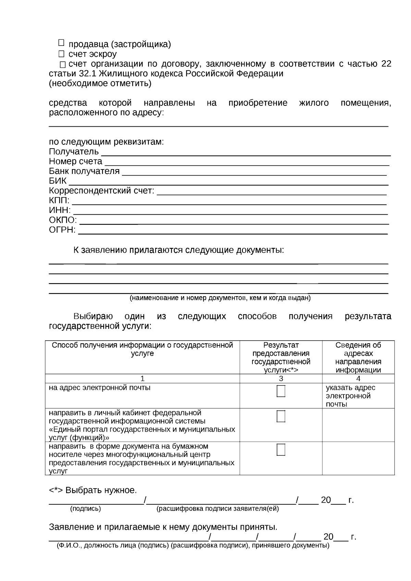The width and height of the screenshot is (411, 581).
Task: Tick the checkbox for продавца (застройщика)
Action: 61,43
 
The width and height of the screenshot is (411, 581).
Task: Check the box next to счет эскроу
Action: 61,54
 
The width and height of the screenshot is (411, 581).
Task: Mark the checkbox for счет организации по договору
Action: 63,64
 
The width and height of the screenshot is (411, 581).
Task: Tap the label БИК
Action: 58,181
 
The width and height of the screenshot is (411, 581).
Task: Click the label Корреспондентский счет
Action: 101,191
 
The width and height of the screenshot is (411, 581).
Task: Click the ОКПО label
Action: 63,220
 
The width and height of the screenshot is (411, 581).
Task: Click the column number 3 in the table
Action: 281,379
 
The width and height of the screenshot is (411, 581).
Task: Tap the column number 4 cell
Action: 358,379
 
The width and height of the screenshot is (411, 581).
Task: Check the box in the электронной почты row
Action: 281,391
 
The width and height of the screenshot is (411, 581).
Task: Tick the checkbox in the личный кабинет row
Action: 281,416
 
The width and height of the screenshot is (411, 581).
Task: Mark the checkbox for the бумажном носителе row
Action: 281,450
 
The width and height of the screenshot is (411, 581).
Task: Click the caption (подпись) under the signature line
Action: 85,509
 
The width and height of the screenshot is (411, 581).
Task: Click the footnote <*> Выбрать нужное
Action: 93,490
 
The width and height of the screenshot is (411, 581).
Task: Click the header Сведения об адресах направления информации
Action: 358,357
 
